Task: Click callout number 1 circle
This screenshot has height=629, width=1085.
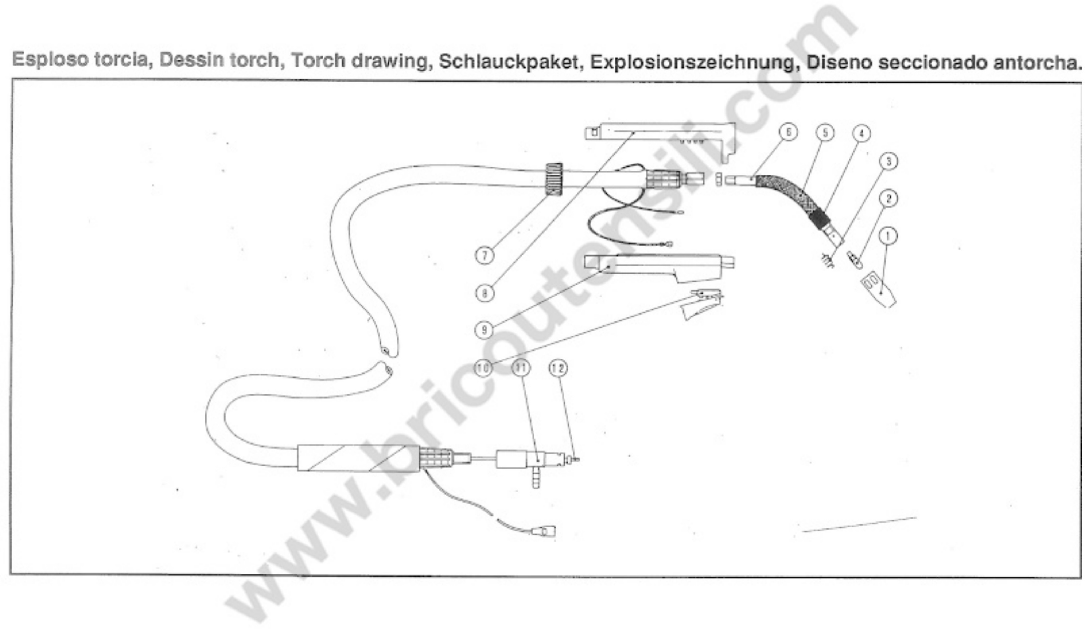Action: [888, 236]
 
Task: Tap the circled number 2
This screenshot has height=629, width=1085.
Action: [888, 198]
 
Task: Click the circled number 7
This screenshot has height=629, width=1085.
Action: [485, 256]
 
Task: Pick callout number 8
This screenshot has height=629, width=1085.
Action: [485, 293]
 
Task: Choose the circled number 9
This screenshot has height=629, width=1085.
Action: [483, 331]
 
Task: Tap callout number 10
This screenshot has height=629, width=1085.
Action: [483, 368]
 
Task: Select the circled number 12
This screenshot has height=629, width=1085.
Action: [558, 368]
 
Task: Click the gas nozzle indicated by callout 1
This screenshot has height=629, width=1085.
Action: [878, 291]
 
